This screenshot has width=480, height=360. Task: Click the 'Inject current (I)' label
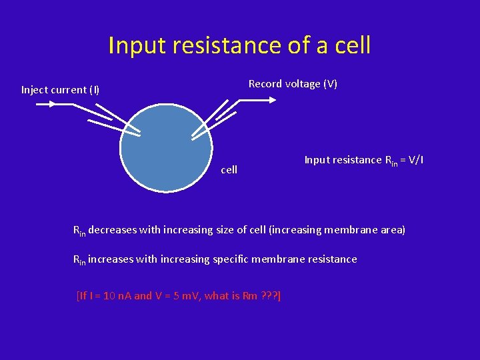(60, 89)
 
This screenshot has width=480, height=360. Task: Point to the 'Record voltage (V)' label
(293, 83)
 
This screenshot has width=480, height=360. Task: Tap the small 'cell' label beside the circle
(229, 170)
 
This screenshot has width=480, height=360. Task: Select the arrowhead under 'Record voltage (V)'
(271, 100)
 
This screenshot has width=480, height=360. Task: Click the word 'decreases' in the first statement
(111, 230)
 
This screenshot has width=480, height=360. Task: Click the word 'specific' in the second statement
(231, 259)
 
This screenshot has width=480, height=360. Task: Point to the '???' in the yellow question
(269, 295)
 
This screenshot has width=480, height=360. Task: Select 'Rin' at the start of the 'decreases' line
(79, 231)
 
